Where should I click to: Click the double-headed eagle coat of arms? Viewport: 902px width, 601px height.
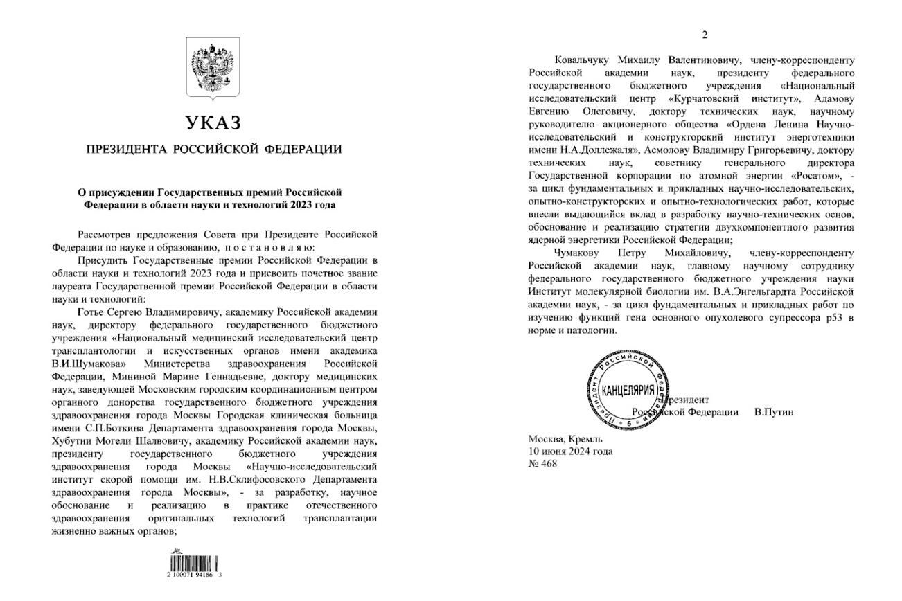213,68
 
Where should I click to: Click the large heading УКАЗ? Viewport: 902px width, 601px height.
213,123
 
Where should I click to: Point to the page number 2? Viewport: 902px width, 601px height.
705,35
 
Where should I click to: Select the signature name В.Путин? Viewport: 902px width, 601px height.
773,412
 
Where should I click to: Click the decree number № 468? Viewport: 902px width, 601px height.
542,464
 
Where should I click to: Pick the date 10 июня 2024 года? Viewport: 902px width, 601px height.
570,451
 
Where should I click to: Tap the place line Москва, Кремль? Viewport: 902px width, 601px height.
565,439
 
